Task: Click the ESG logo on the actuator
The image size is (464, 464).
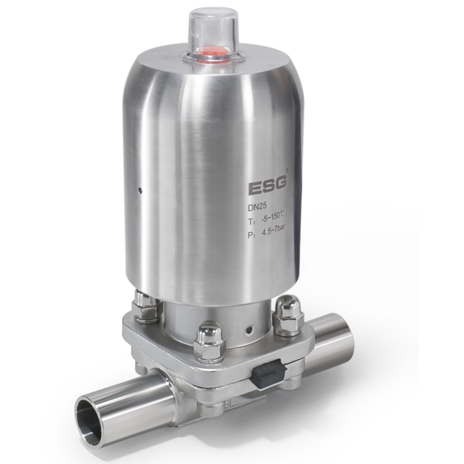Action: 267,185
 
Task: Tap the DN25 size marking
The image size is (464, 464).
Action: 257,207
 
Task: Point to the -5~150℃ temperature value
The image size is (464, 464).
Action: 272,219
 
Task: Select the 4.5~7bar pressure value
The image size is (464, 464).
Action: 273,230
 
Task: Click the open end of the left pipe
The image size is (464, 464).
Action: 88,412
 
